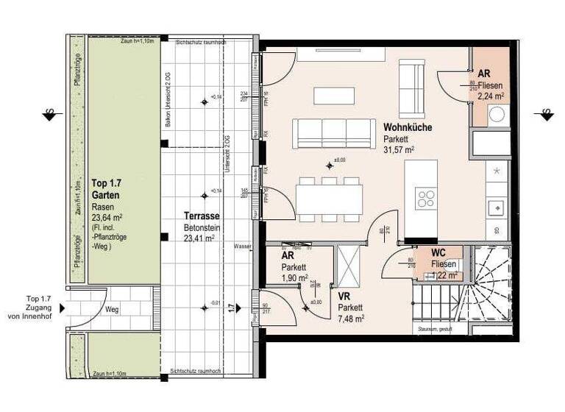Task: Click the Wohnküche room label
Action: coord(407,127)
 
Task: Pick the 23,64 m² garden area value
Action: coord(107,219)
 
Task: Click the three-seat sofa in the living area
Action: coord(333,133)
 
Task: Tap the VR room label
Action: coord(344,296)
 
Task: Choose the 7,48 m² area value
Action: coord(351,318)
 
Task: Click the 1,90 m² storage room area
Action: coord(294,279)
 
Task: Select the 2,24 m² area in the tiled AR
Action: coord(490,95)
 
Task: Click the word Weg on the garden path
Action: coord(112,310)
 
